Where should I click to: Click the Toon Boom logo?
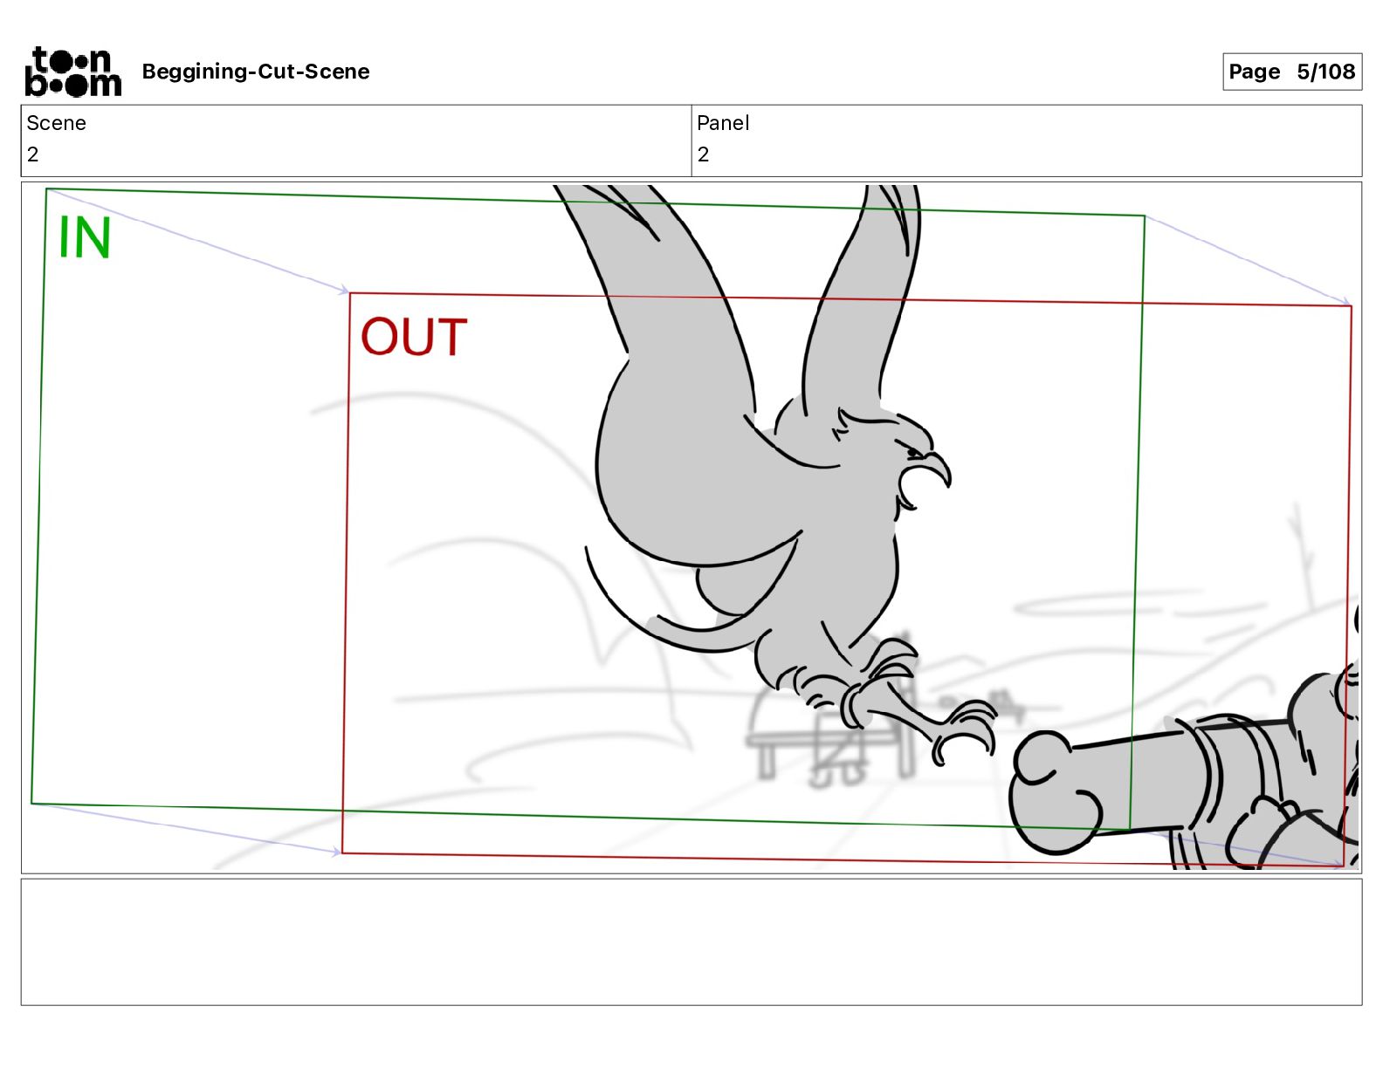pos(73,72)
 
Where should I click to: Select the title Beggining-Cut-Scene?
pos(255,72)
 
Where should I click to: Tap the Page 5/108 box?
pos(1291,72)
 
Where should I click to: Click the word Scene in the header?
pos(56,123)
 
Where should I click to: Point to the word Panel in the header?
pos(722,123)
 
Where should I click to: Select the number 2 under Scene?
pos(32,154)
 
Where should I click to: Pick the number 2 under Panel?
pos(703,154)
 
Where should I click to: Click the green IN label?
pos(85,236)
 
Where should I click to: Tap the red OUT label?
pos(414,337)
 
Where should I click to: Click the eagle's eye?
pos(914,452)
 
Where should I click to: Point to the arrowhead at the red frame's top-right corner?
pos(1345,301)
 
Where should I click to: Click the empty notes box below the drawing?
pos(691,942)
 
